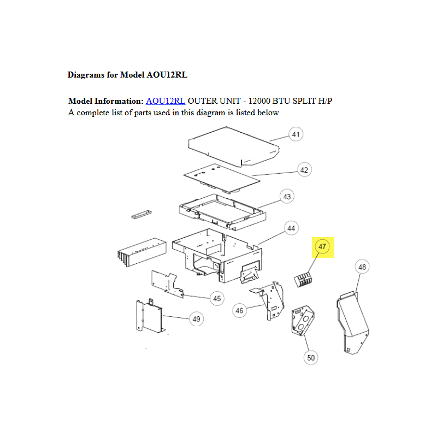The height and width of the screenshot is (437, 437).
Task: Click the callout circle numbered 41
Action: click(x=296, y=134)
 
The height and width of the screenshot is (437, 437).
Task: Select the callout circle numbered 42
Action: click(x=304, y=170)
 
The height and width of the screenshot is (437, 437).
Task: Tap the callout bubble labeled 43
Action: click(x=287, y=197)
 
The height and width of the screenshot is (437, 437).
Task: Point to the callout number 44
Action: click(x=291, y=228)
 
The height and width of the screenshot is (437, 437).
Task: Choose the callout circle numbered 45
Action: click(x=217, y=298)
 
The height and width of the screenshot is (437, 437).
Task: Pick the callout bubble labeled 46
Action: click(x=239, y=310)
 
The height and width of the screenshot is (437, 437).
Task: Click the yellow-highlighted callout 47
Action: click(x=322, y=247)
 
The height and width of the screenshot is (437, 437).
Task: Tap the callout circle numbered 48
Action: click(x=362, y=267)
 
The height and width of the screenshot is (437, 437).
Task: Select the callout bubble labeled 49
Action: click(x=197, y=319)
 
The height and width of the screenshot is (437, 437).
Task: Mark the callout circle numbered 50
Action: click(x=311, y=358)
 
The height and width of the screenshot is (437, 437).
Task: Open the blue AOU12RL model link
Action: click(x=166, y=101)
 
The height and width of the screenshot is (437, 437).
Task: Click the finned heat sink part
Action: click(x=142, y=252)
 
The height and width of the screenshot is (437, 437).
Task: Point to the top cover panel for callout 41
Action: click(x=234, y=146)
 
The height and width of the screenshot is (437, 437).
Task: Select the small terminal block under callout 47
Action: click(x=303, y=279)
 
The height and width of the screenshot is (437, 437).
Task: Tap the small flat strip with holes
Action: click(x=141, y=214)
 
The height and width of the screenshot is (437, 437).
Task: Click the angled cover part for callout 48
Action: click(x=353, y=323)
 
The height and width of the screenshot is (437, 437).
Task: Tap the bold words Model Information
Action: click(x=106, y=101)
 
